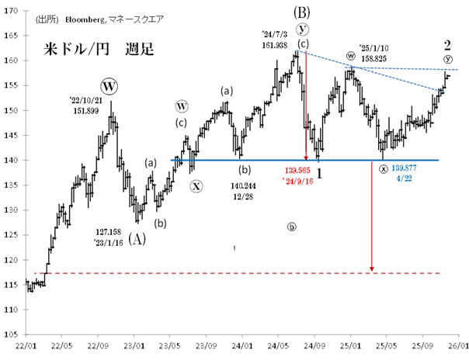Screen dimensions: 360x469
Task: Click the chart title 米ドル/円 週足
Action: pyautogui.click(x=98, y=50)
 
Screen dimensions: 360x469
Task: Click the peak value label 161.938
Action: pyautogui.click(x=276, y=45)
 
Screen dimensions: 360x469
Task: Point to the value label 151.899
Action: pyautogui.click(x=87, y=111)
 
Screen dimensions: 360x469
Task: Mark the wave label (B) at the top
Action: pyautogui.click(x=302, y=12)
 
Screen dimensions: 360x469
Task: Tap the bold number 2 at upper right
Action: pyautogui.click(x=447, y=44)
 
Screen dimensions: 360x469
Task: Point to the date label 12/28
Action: pyautogui.click(x=245, y=198)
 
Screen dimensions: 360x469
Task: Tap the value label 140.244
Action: pyautogui.click(x=245, y=186)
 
